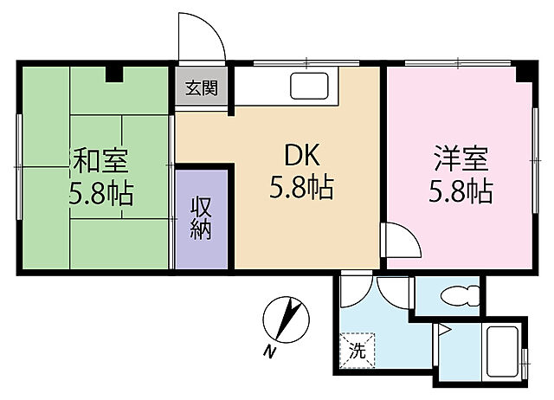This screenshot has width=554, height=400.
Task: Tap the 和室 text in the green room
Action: (x=101, y=161)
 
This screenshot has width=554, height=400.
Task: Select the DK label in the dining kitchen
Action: (x=302, y=157)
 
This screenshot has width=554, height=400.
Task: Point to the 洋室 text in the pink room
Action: (x=461, y=160)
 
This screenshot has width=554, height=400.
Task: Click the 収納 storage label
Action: (x=202, y=219)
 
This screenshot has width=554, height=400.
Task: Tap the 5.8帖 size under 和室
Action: (x=101, y=192)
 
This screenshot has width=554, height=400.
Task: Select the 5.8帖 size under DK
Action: (x=302, y=188)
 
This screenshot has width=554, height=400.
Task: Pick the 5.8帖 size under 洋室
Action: (x=461, y=191)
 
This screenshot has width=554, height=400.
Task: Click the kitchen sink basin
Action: (x=309, y=87)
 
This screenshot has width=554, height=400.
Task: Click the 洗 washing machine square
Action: (x=358, y=350)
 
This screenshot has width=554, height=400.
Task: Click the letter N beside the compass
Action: (x=270, y=350)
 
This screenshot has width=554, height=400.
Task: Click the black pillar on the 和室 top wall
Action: (x=113, y=73)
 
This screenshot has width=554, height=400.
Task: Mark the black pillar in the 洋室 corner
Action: (x=523, y=74)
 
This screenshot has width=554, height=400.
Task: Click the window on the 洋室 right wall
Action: (x=533, y=160)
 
